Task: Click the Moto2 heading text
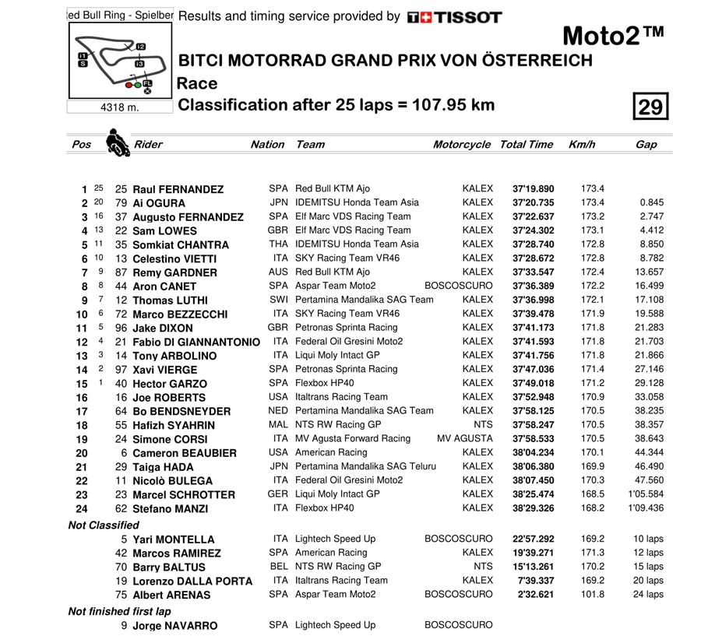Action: click(x=614, y=36)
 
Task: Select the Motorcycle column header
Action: click(x=462, y=144)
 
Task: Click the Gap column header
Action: click(x=646, y=144)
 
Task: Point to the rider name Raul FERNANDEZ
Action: click(x=178, y=189)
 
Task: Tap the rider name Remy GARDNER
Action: click(x=175, y=272)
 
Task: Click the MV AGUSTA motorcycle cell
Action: click(x=465, y=439)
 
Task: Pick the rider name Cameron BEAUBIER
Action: click(x=185, y=453)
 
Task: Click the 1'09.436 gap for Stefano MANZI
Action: click(x=644, y=508)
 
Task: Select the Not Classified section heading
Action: click(x=104, y=525)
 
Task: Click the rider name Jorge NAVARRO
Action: click(x=175, y=626)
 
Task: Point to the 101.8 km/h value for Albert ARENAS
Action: click(x=592, y=595)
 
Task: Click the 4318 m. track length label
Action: click(x=119, y=107)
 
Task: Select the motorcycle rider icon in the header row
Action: click(x=118, y=144)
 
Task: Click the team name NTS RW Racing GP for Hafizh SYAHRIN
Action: click(x=337, y=425)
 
